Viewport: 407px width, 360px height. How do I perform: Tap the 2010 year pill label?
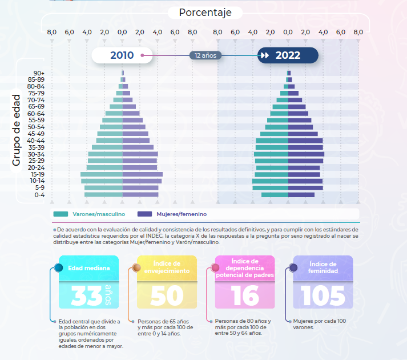[x=122, y=55]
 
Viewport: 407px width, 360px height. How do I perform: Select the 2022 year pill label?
[x=288, y=55]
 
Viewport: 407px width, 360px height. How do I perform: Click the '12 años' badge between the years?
[x=205, y=55]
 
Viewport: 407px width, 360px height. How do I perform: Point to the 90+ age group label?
[x=39, y=73]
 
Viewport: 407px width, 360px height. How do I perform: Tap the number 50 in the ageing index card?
[x=167, y=295]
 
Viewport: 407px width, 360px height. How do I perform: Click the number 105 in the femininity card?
[x=323, y=295]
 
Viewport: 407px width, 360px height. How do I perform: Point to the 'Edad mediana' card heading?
[x=85, y=267]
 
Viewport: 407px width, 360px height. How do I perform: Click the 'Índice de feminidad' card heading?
[x=323, y=267]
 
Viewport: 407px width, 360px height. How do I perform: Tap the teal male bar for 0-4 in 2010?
[x=103, y=195]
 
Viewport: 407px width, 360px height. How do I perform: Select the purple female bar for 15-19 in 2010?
[x=143, y=174]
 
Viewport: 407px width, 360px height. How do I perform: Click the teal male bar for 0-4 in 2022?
[x=275, y=195]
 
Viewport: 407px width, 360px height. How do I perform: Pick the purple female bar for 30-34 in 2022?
[x=306, y=154]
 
